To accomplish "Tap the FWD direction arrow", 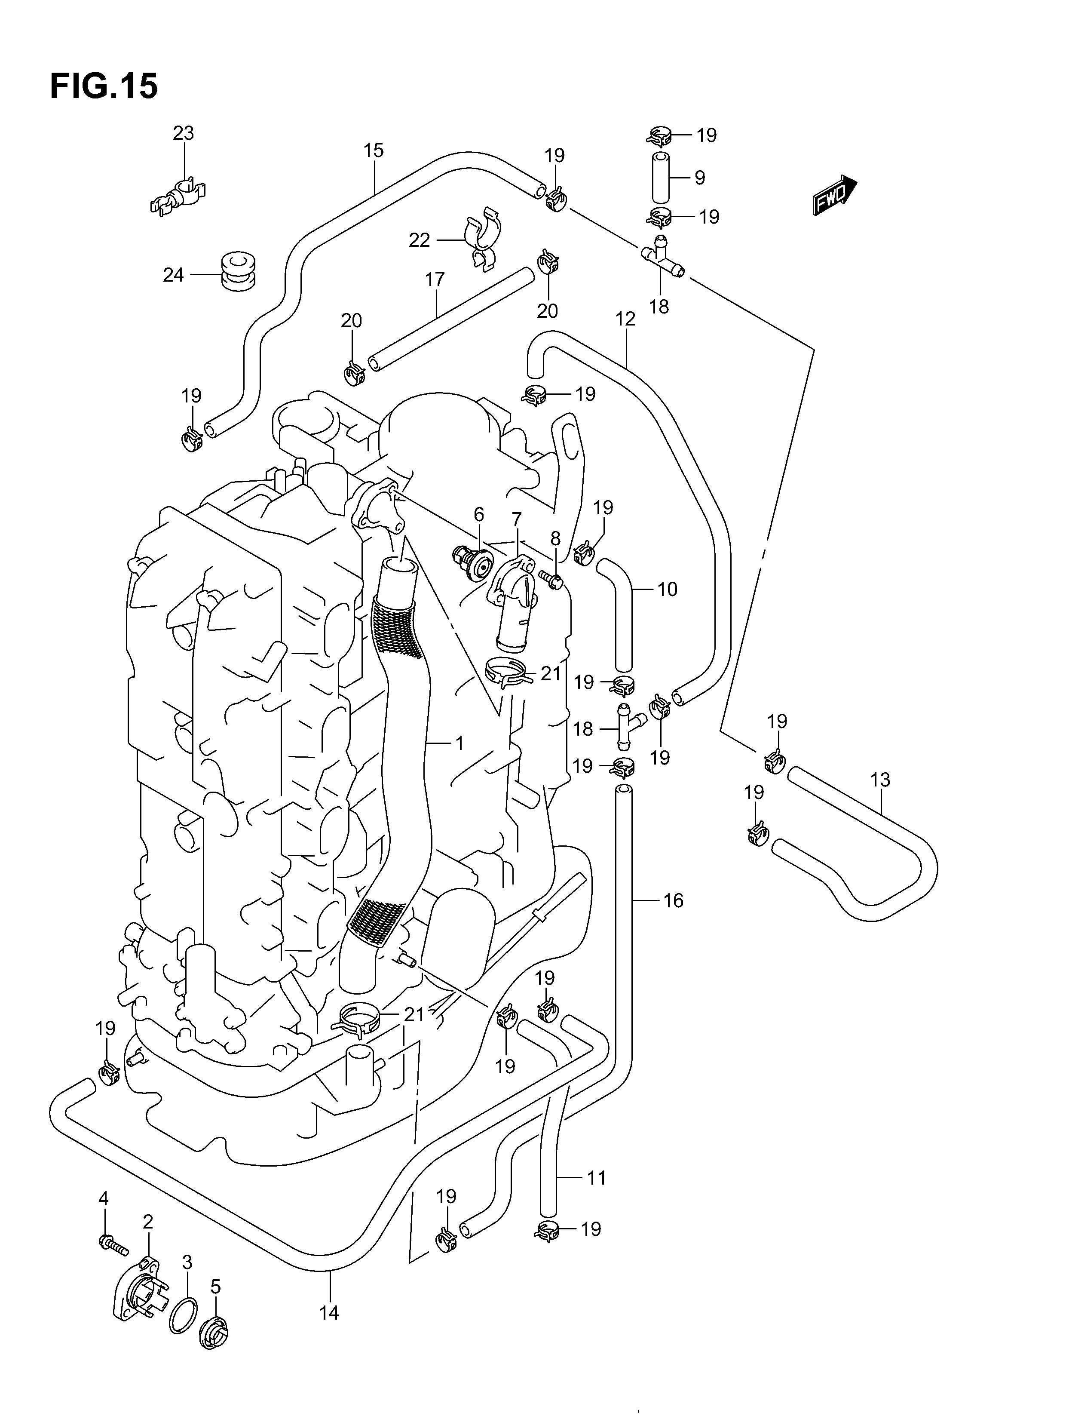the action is [834, 195].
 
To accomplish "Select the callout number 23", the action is [184, 133].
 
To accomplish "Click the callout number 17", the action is [435, 279].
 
